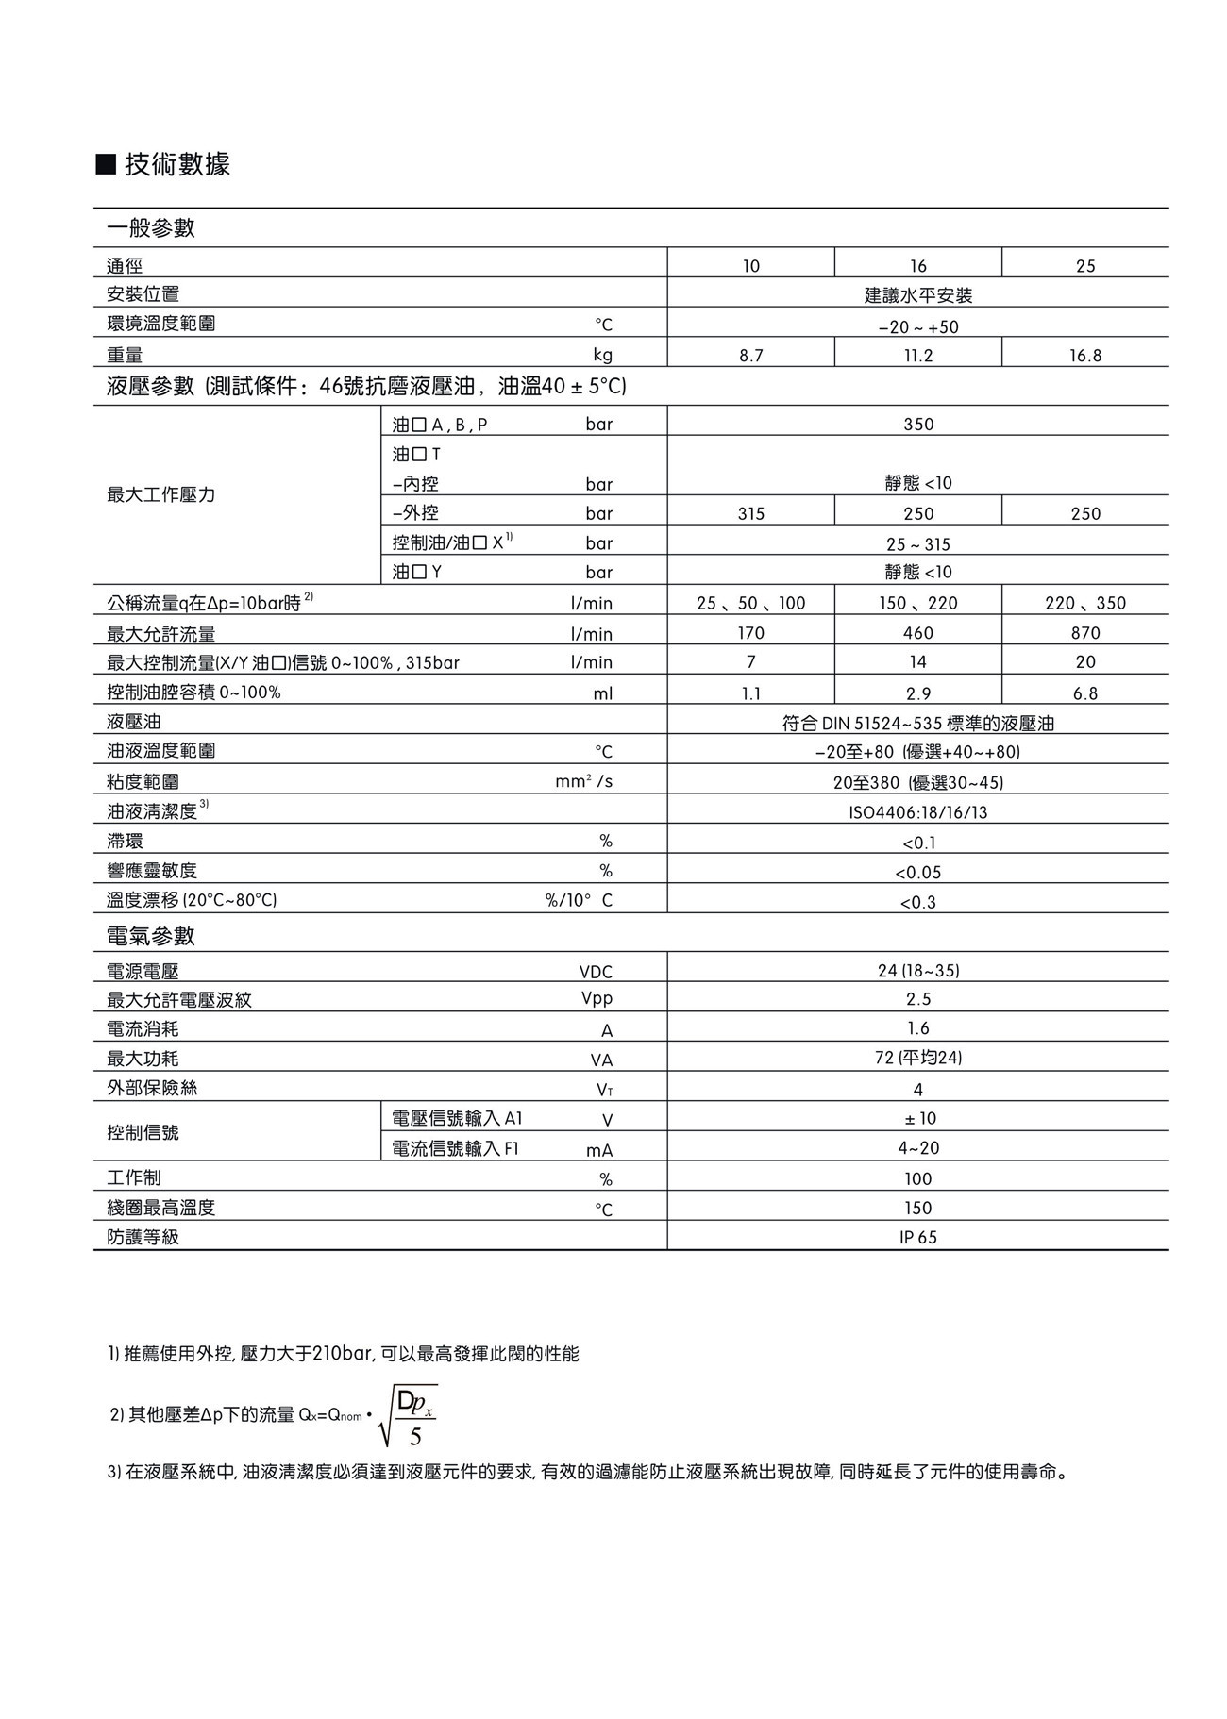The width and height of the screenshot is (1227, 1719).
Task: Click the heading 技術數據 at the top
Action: coord(176,165)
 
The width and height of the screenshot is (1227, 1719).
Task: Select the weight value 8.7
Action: coord(750,356)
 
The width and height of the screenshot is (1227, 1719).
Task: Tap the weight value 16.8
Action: coord(1085,356)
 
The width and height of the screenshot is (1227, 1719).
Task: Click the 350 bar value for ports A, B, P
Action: coord(917,425)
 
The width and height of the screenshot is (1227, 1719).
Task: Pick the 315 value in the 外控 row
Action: coord(750,514)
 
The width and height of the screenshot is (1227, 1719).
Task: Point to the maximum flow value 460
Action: coord(917,634)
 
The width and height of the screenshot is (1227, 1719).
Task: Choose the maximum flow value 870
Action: coord(1085,634)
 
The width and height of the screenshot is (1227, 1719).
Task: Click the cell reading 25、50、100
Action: coord(750,604)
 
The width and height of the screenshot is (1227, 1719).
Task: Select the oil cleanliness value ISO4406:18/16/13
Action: coord(917,812)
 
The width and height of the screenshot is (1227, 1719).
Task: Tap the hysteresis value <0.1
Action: coord(917,843)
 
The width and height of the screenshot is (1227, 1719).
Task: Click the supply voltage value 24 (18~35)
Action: coord(917,971)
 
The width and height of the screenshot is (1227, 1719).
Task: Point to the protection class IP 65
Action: coord(917,1238)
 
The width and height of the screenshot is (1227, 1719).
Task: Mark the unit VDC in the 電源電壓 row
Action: coord(596,972)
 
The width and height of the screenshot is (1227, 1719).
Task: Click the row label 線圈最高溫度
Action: coord(161,1208)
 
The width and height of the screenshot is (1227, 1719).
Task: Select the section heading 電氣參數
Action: coord(151,936)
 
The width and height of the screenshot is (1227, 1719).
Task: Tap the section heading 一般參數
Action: coord(151,227)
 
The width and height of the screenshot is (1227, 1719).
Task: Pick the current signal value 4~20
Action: coord(917,1148)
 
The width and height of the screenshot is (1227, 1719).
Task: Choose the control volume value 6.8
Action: coord(1085,693)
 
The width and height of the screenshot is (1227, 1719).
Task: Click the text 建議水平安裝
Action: coord(917,295)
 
